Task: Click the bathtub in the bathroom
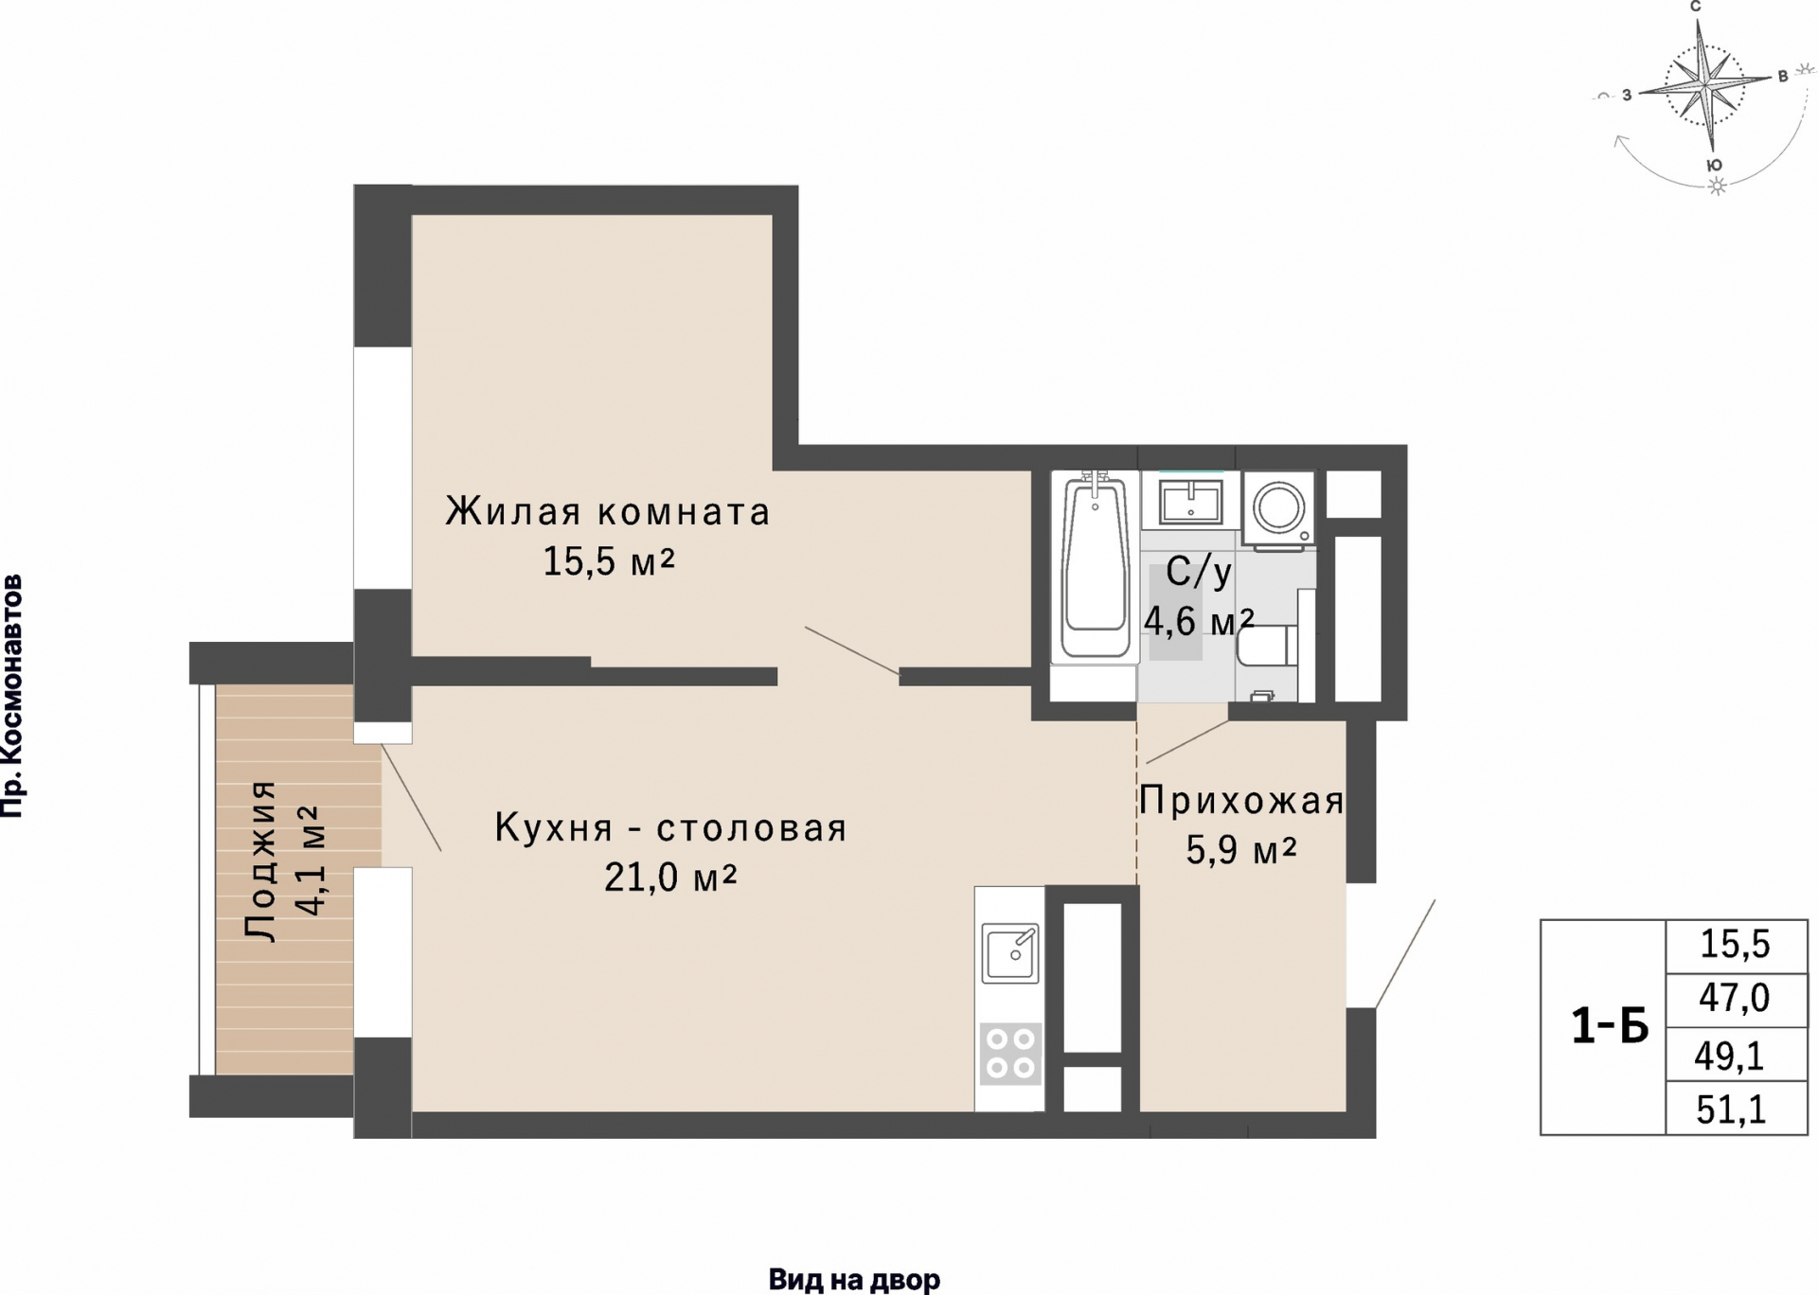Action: [x=1095, y=568]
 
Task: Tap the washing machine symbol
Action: [x=1278, y=509]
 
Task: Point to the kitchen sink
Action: [x=1009, y=952]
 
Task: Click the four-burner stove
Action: [x=1009, y=1054]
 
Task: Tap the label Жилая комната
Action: [x=608, y=512]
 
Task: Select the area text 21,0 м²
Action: [x=670, y=878]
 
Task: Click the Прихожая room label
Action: [x=1240, y=802]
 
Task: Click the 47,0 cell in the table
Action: [x=1734, y=999]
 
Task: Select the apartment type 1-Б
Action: [x=1609, y=1026]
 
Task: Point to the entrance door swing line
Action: [x=1405, y=953]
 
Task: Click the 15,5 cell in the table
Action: [x=1735, y=945]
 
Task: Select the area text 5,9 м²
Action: [x=1240, y=851]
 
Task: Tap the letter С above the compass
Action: [x=1695, y=8]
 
